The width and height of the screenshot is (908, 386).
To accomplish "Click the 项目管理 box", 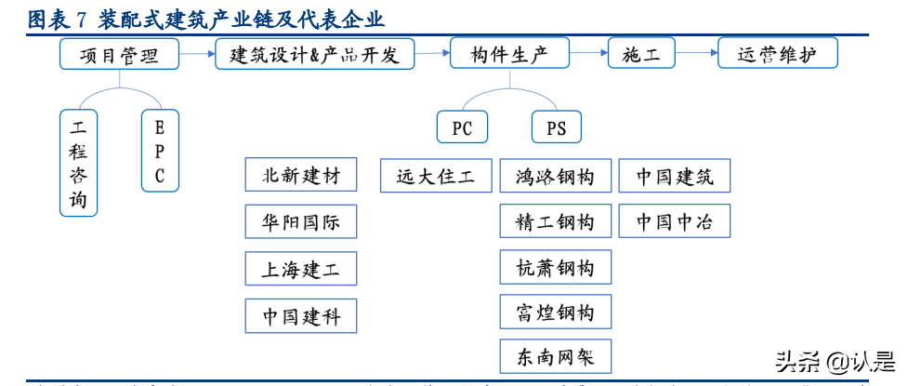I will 119,54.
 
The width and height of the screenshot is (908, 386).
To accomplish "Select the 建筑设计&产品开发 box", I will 314,54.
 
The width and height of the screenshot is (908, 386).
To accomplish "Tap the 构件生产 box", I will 510,54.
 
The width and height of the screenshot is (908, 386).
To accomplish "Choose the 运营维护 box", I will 778,54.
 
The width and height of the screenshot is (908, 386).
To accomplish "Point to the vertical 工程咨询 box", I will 78,163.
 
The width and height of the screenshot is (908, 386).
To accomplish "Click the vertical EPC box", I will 160,151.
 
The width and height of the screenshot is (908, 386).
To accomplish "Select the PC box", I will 462,127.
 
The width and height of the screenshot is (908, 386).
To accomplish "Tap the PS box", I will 556,127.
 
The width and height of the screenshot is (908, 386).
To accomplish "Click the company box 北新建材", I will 301,175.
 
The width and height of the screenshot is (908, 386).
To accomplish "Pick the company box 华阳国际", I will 301,221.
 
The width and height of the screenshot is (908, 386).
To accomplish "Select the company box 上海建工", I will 301,269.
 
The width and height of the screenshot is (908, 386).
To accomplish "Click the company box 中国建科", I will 301,316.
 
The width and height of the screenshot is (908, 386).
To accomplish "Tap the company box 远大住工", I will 436,175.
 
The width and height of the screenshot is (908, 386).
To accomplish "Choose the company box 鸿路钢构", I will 555,175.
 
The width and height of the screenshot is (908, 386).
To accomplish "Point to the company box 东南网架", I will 555,356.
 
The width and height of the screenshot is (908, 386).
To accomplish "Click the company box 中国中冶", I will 676,221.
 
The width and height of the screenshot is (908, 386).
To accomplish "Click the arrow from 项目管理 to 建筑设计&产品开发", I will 196,54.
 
